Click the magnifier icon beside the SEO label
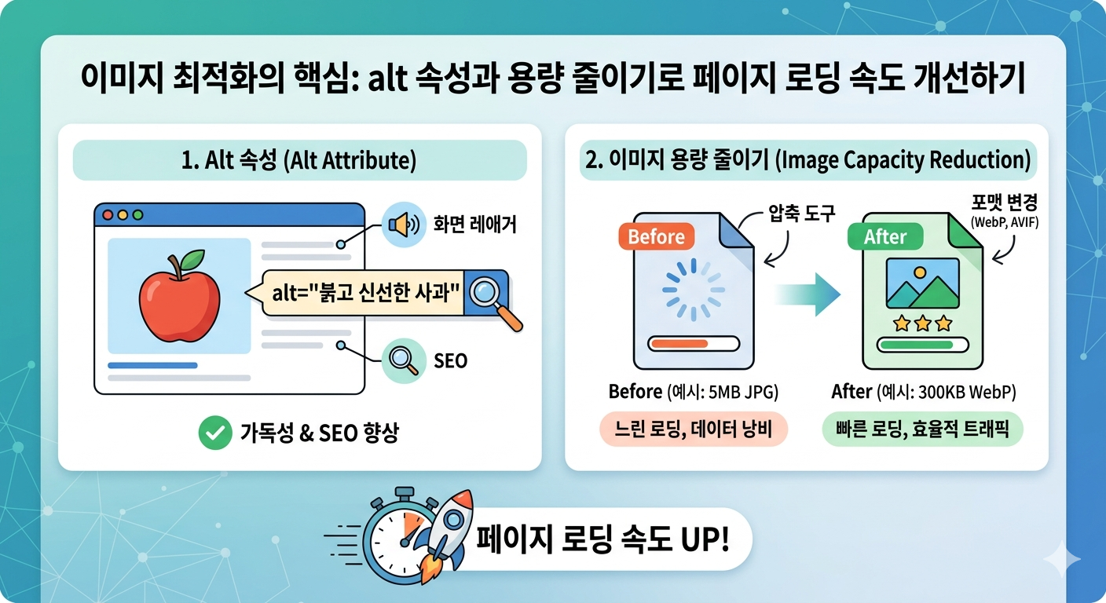point(402,360)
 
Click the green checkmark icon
point(214,433)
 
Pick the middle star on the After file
point(922,323)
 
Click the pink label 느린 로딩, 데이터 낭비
point(693,429)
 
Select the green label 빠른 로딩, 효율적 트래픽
point(922,429)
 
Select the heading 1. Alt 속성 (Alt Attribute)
point(299,160)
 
